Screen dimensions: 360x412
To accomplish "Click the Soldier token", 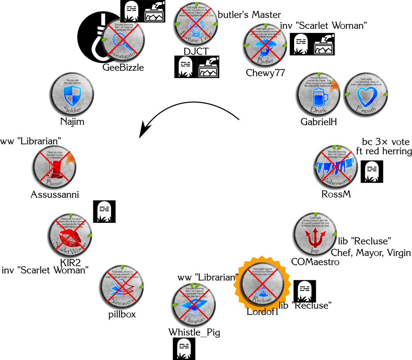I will tap(72, 94).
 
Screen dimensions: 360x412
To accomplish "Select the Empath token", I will tap(366, 94).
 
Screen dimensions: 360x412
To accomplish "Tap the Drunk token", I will tap(319, 94).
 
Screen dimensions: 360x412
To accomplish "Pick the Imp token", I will tap(315, 234).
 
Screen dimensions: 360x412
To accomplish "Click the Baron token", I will tap(54, 167).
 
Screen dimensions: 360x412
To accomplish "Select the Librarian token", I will tap(194, 304).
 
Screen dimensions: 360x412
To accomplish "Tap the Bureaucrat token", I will tap(122, 286).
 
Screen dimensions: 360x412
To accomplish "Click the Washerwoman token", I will tap(336, 167).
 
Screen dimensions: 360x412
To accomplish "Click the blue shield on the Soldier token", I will tap(72, 95).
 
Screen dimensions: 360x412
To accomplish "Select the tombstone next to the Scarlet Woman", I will tap(104, 212).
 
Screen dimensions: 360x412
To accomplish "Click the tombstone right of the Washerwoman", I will tap(372, 172).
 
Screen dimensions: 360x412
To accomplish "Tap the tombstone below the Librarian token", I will tap(184, 348).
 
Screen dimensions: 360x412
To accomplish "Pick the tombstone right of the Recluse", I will tap(305, 291).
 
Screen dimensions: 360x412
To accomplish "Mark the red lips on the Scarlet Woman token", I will tap(70, 237).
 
